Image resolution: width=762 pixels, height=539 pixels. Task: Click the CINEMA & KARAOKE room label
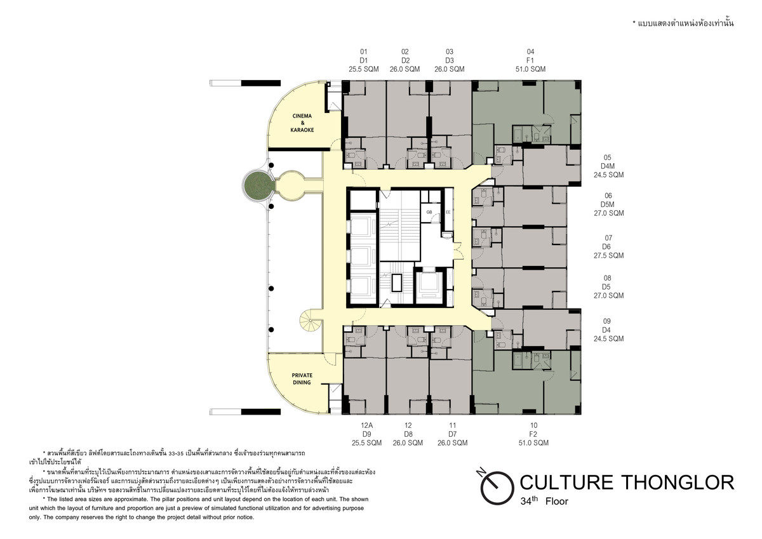click(302, 123)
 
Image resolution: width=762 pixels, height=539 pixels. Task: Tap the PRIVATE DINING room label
click(302, 379)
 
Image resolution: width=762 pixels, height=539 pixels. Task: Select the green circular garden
click(258, 186)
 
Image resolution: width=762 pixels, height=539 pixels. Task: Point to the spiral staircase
click(311, 321)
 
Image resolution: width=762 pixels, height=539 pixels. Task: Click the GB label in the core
click(429, 212)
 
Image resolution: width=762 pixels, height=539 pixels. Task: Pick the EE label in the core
click(448, 212)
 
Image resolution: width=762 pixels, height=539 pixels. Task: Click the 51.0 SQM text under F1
click(530, 69)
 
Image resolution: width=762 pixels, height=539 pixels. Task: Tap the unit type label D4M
click(608, 166)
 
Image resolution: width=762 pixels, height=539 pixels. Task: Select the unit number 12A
click(367, 425)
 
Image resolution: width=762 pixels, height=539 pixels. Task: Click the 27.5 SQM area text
click(608, 256)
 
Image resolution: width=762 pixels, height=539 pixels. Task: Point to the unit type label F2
click(533, 434)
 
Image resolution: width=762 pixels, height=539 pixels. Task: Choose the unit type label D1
click(364, 60)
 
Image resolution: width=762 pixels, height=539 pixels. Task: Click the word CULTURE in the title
click(566, 482)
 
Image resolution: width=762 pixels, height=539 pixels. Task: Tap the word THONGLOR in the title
click(678, 482)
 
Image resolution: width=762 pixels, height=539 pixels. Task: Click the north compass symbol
click(496, 486)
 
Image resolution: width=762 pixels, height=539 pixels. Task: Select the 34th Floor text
click(544, 501)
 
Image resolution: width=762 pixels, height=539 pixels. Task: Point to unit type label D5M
click(608, 204)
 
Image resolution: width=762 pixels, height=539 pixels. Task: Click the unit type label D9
click(367, 434)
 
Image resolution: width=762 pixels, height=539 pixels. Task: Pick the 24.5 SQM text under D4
click(608, 339)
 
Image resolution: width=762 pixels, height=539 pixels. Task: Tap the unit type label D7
click(452, 434)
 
